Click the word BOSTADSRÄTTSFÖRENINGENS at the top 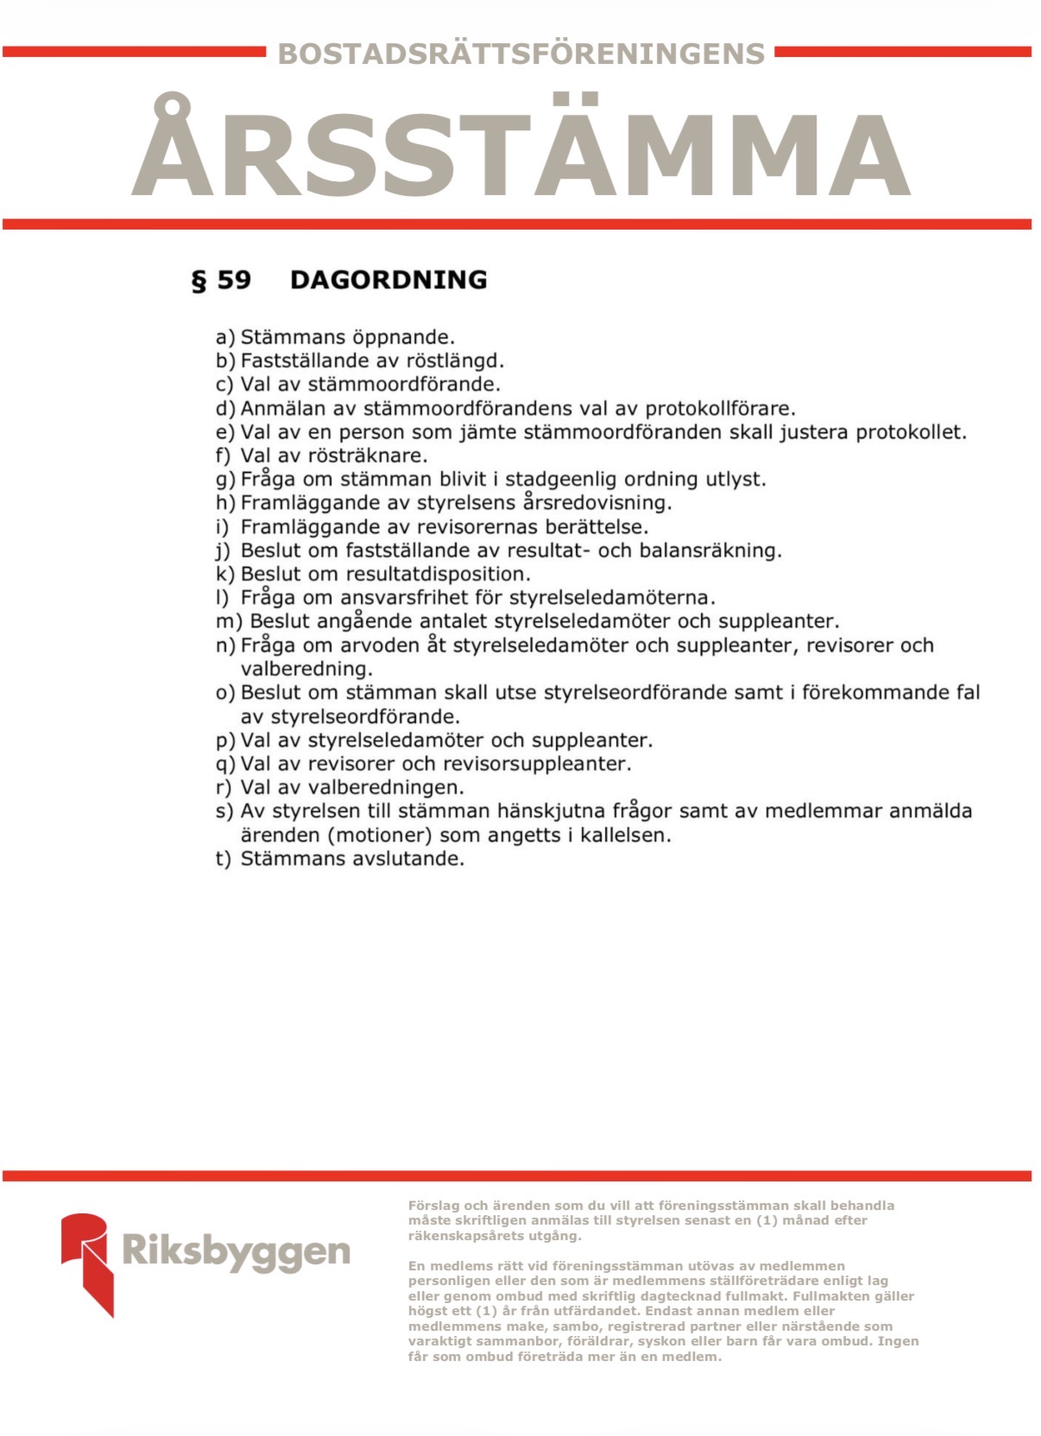pos(520,54)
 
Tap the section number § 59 pos(221,280)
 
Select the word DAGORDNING pos(388,280)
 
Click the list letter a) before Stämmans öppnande pos(224,337)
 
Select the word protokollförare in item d pos(720,408)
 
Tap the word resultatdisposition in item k pos(438,574)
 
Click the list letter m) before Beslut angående pos(230,621)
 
